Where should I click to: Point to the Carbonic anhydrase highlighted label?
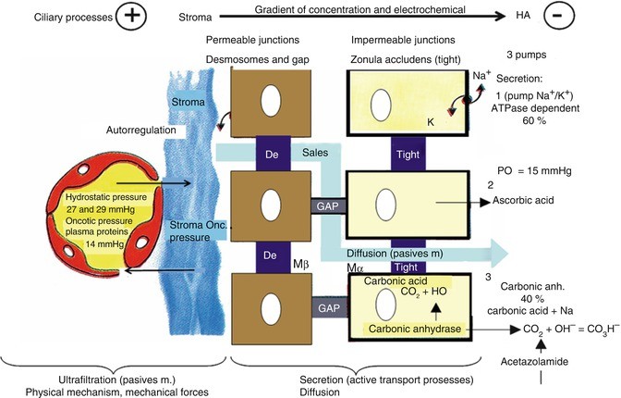pyautogui.click(x=412, y=328)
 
